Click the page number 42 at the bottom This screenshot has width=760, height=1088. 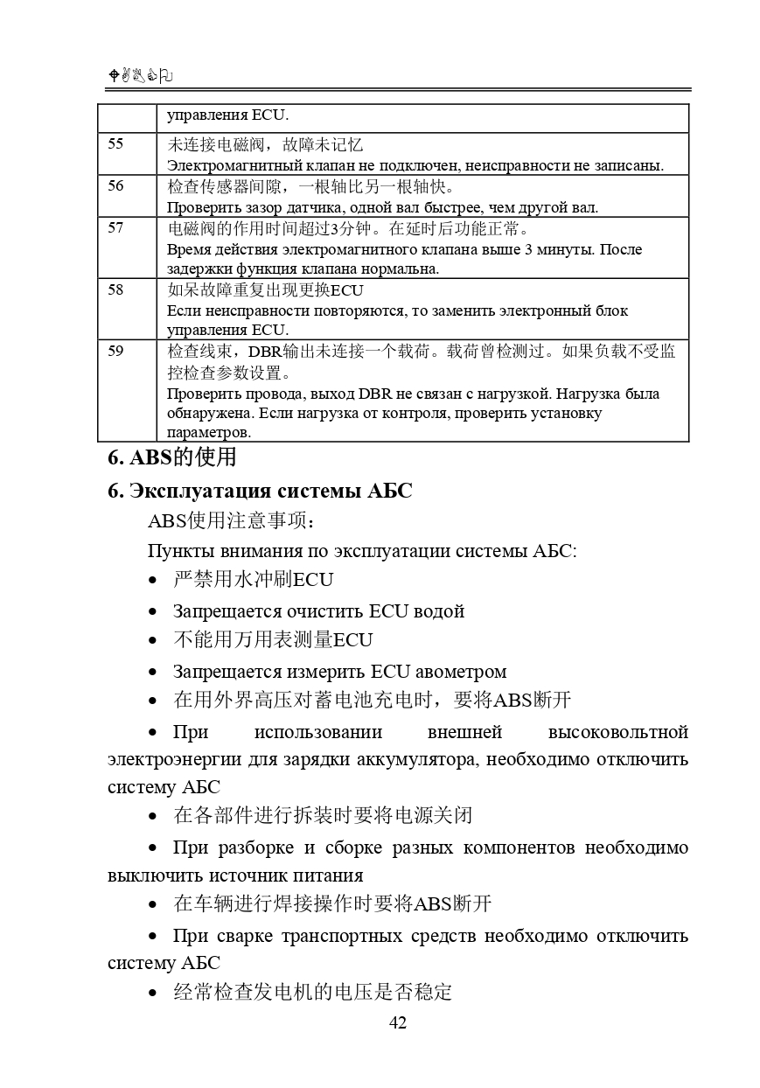pyautogui.click(x=398, y=1022)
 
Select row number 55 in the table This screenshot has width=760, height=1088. pyautogui.click(x=115, y=144)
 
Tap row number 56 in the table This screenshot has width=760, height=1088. pyautogui.click(x=115, y=186)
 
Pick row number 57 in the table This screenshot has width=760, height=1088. pyautogui.click(x=115, y=228)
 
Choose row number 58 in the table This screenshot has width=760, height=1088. pyautogui.click(x=115, y=290)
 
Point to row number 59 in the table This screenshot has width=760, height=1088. pyautogui.click(x=115, y=352)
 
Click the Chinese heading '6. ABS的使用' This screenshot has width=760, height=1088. pyautogui.click(x=172, y=457)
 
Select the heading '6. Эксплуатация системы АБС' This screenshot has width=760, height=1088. pyautogui.click(x=260, y=491)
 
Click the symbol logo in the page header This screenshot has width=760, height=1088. pyautogui.click(x=140, y=77)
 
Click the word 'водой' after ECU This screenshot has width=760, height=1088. pyautogui.click(x=440, y=611)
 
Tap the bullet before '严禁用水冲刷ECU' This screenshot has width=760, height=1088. pyautogui.click(x=154, y=580)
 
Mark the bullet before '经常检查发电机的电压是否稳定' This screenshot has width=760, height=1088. pyautogui.click(x=154, y=993)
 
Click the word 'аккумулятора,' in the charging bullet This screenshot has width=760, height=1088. pyautogui.click(x=416, y=758)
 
